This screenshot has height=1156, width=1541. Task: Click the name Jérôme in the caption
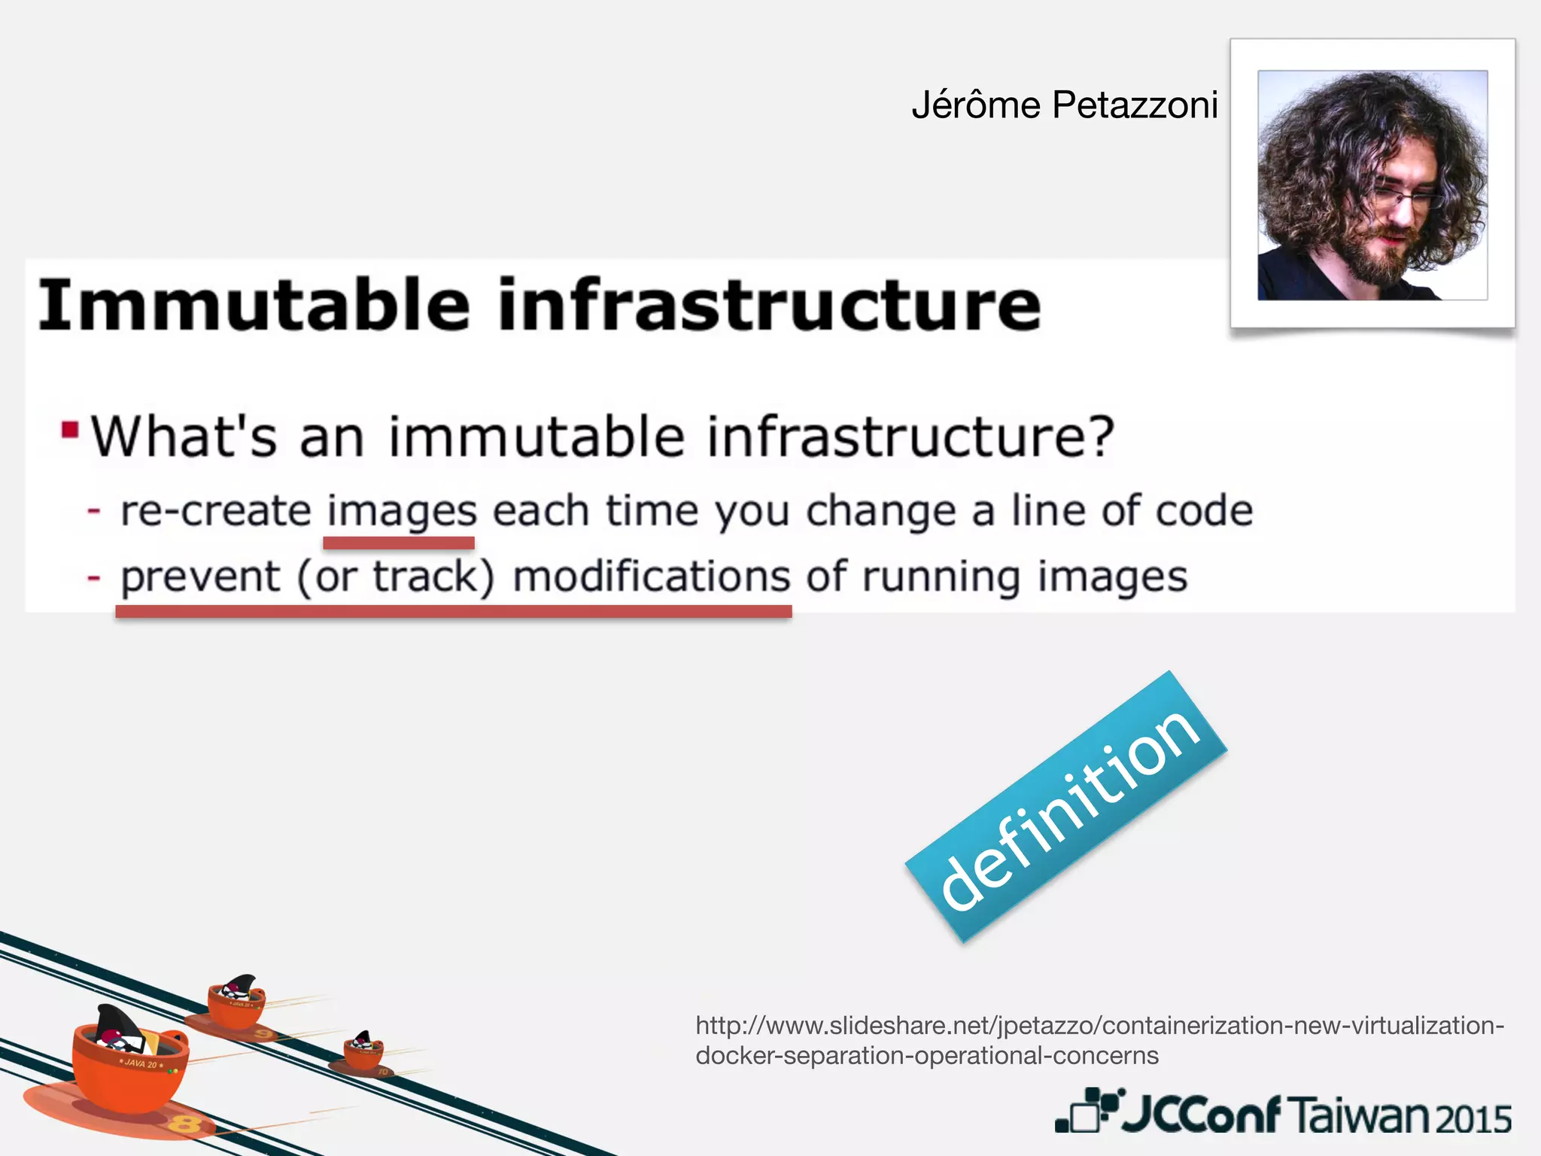coord(976,105)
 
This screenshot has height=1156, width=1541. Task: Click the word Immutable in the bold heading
coord(254,306)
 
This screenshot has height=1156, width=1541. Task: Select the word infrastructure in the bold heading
coord(770,306)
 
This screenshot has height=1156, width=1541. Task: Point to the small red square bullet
coord(70,430)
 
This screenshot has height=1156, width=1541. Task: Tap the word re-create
coord(216,512)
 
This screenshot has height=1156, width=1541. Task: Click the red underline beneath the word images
coord(399,543)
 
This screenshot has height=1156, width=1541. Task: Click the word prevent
coord(201,578)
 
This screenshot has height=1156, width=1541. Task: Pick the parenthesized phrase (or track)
coord(396,578)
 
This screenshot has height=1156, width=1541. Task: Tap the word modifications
coord(652,578)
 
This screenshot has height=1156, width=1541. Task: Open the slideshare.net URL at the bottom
coord(1099,1040)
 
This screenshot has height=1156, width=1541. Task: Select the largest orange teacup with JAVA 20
coord(129,1067)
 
